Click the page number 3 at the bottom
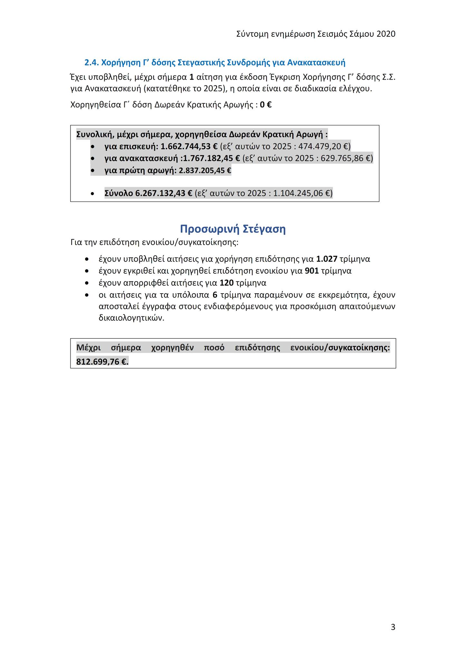coord(393,627)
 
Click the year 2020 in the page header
coord(386,34)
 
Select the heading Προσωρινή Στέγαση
coord(233,229)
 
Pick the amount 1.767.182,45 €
coord(212,158)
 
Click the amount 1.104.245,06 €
coord(301,193)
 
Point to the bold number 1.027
coord(327,259)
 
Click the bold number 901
coord(312,271)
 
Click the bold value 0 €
coord(266,105)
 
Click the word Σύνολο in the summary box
coord(119,193)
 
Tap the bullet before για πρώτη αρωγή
coord(93,170)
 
